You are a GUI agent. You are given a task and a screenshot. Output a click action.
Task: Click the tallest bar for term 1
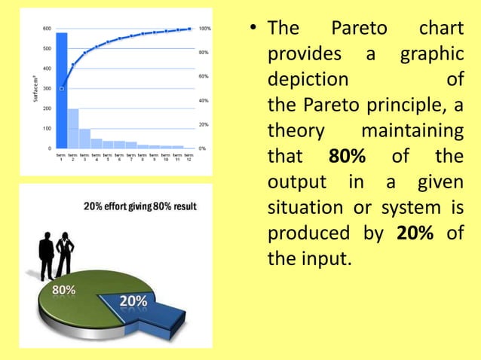62,90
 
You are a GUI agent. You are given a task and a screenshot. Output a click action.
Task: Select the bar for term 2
73,129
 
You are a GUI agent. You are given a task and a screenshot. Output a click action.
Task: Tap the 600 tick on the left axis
46,29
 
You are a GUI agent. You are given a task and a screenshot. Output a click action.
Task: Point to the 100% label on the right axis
204,29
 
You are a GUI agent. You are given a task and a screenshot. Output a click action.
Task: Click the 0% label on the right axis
202,148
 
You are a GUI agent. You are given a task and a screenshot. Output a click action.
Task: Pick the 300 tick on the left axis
46,88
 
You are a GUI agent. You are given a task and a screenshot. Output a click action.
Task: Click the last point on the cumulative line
189,29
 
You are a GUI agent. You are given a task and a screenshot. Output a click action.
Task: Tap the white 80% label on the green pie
63,290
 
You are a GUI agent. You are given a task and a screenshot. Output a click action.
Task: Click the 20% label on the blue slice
133,302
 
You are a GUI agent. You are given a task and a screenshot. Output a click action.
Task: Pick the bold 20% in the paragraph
414,234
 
